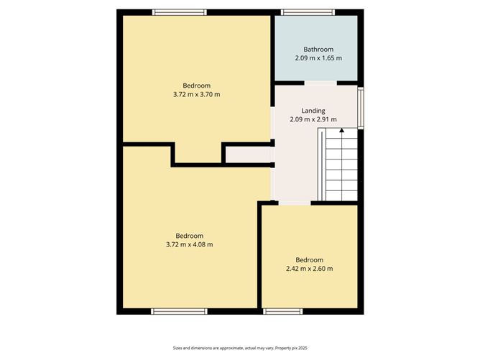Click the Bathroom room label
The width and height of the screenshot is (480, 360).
click(318, 49)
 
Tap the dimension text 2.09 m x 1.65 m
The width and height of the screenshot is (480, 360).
click(318, 58)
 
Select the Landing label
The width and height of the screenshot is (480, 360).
click(313, 110)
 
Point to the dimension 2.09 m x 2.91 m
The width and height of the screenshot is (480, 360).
click(313, 119)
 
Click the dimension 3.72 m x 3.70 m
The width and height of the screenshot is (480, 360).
click(196, 94)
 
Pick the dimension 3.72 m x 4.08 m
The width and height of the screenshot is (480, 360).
click(190, 244)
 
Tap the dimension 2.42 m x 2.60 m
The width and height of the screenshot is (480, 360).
click(310, 269)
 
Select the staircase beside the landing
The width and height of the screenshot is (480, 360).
click(338, 165)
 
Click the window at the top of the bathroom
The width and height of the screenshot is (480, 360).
click(308, 11)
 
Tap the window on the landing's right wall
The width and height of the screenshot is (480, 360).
click(361, 109)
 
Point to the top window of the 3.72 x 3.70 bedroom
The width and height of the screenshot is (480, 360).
click(180, 11)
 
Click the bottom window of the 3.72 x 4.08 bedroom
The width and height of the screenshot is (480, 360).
click(179, 311)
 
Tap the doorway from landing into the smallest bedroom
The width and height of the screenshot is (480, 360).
click(295, 203)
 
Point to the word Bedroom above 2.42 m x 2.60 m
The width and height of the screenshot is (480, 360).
click(310, 259)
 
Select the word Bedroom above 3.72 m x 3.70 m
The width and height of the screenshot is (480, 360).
click(196, 85)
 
